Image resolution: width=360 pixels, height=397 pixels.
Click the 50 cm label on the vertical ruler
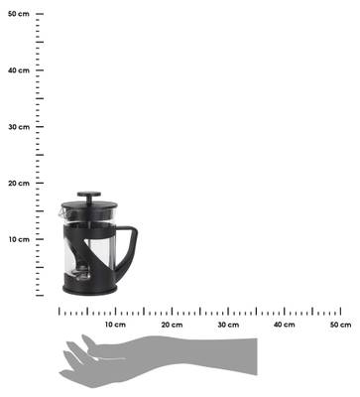pyautogui.click(x=19, y=14)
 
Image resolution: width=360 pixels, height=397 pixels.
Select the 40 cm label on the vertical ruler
pyautogui.click(x=19, y=70)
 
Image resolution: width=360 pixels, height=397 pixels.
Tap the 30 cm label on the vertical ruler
pyautogui.click(x=19, y=127)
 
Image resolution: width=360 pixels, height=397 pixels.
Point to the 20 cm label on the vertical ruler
pyautogui.click(x=19, y=184)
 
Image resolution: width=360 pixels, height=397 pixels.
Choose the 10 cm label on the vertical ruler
pyautogui.click(x=19, y=239)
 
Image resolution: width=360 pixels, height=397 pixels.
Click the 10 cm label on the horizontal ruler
pyautogui.click(x=115, y=325)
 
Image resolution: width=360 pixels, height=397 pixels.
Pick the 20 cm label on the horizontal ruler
pyautogui.click(x=172, y=325)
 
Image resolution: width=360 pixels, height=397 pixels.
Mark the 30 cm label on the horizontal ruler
pyautogui.click(x=228, y=325)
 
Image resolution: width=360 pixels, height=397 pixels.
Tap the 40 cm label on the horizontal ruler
pyautogui.click(x=285, y=325)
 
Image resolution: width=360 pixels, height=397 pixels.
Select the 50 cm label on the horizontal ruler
pyautogui.click(x=340, y=325)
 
